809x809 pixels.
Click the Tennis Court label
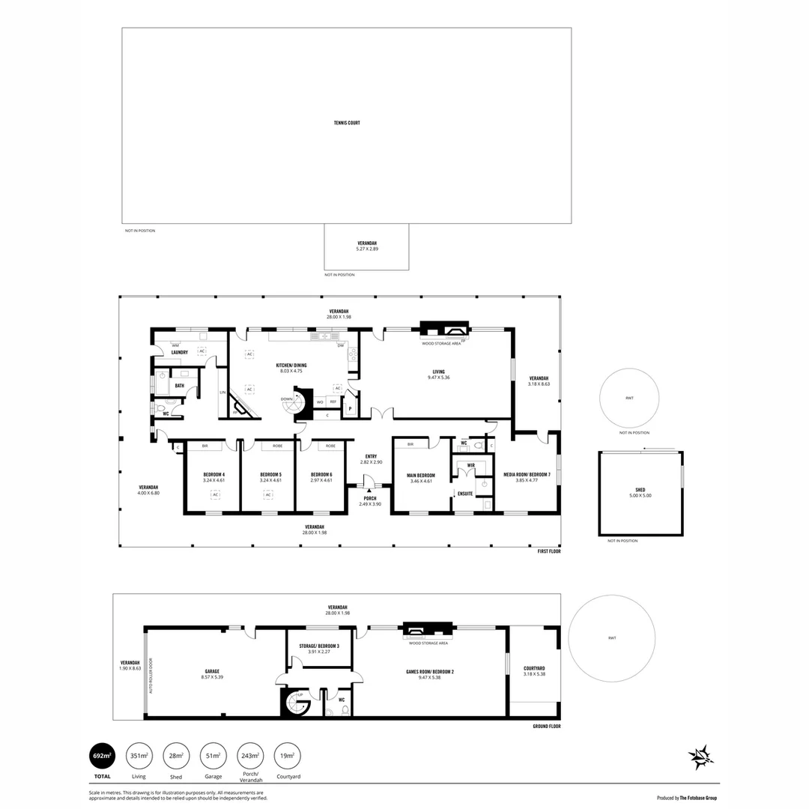pos(347,123)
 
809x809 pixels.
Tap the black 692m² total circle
pos(102,756)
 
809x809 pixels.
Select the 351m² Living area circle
pos(139,756)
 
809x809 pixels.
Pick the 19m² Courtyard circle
pos(287,756)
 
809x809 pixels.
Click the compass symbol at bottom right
pos(701,757)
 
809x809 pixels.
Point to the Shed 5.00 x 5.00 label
pos(640,492)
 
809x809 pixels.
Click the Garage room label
pos(211,673)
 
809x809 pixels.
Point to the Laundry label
pos(179,352)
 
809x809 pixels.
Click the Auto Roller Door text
pos(151,675)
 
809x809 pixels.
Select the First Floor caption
pos(548,551)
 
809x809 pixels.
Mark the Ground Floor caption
pos(546,726)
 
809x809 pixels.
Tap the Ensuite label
pos(464,494)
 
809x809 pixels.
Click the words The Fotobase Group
pos(698,799)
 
